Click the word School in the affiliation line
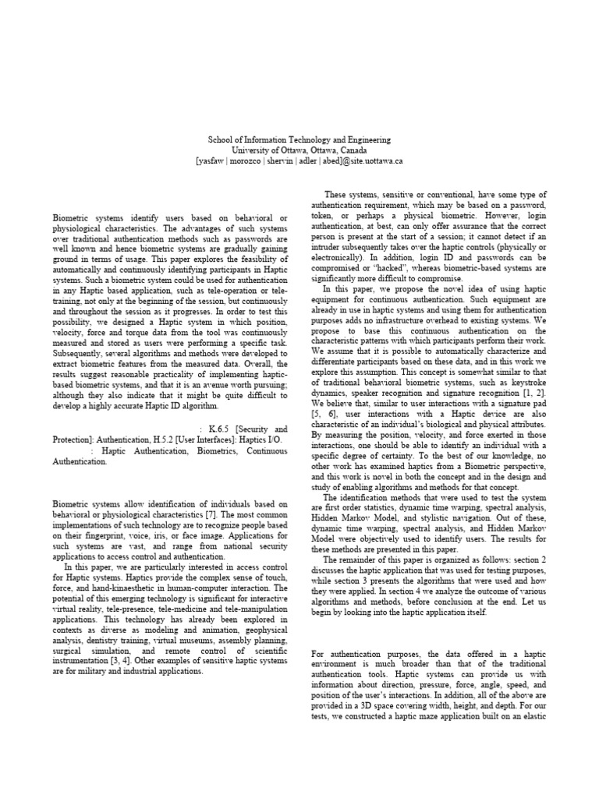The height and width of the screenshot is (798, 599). [x=220, y=139]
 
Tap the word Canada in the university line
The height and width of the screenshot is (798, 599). [x=354, y=150]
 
